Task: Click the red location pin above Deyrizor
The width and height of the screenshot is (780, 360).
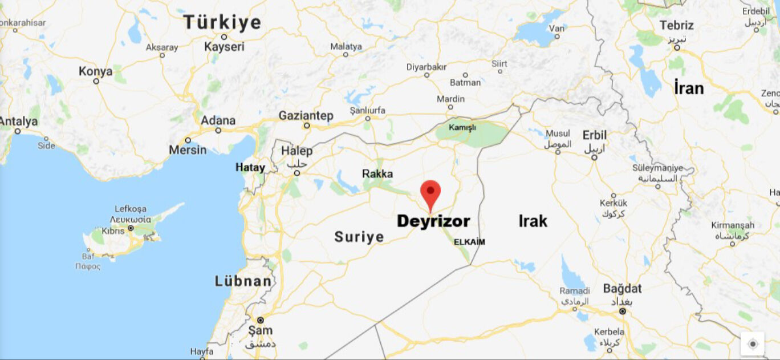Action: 430,192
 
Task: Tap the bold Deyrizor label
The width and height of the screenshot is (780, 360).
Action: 433,221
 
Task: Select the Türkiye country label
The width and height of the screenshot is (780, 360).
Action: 222,23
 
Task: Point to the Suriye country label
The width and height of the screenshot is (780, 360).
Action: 359,237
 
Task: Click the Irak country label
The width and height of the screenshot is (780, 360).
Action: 533,221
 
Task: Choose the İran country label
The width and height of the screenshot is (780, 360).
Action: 689,88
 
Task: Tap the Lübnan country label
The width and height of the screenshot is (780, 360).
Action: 243,281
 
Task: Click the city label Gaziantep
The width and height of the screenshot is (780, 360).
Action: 306,116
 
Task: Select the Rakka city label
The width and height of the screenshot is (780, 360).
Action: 377,173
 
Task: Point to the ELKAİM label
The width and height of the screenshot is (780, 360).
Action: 469,242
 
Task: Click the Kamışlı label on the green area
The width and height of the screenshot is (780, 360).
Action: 462,128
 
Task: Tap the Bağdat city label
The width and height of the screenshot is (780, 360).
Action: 622,288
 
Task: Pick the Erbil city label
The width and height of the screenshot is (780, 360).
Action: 595,135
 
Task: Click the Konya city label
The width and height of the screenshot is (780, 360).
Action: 95,71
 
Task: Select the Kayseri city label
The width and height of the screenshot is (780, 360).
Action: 224,47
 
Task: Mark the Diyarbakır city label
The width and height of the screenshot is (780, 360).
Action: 426,67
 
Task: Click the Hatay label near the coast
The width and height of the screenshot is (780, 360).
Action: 250,168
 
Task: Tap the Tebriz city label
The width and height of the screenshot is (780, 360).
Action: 676,26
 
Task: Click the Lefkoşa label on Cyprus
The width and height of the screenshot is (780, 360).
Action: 131,209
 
